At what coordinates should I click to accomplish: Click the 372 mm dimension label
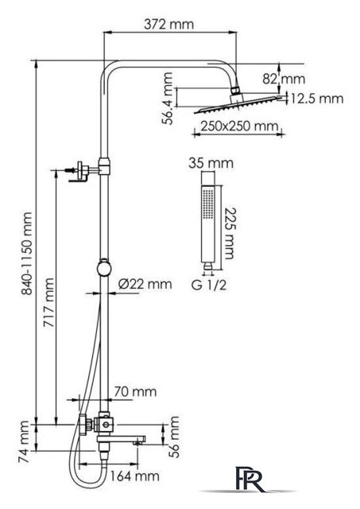[x=169, y=25]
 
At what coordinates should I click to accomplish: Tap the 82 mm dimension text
[x=284, y=79]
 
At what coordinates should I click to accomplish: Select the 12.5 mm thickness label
[x=316, y=99]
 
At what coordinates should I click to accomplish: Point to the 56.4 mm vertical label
[x=168, y=99]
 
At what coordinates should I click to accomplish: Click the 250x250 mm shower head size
[x=239, y=126]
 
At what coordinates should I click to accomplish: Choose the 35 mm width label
[x=211, y=163]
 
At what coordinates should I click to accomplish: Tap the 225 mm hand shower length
[x=230, y=233]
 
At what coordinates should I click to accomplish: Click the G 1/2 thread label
[x=209, y=286]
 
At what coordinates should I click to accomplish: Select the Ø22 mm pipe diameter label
[x=145, y=284]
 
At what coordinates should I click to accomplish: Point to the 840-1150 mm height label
[x=26, y=254]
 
